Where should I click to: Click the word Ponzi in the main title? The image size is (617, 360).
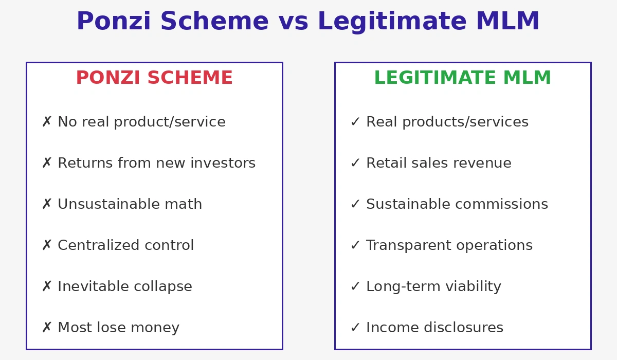coord(114,22)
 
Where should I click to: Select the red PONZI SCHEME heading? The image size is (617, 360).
coord(154,78)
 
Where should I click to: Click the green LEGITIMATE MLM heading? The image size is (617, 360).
coord(462,78)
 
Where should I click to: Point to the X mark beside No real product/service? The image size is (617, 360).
coord(47,122)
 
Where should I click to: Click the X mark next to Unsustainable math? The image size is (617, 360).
coord(47,204)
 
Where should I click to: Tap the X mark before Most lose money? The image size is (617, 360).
coord(47,328)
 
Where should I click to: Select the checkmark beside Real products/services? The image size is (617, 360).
coord(355,122)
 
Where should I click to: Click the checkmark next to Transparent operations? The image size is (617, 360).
coord(355,245)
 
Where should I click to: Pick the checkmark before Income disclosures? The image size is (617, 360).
coord(355,328)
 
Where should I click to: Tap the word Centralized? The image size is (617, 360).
coord(95,245)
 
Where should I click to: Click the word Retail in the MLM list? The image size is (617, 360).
coord(383,163)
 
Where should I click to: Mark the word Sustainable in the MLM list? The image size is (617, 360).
coord(410,204)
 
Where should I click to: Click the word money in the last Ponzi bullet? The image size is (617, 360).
coord(155,328)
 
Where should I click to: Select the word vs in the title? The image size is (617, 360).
coord(293,22)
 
